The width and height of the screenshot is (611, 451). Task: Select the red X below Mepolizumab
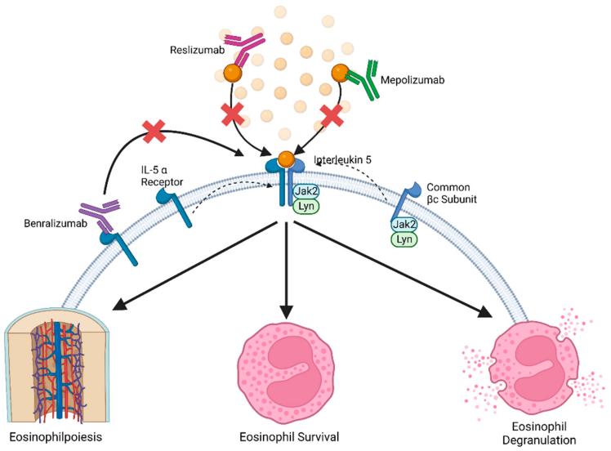[331, 116]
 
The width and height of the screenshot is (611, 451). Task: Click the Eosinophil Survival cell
[284, 367]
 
